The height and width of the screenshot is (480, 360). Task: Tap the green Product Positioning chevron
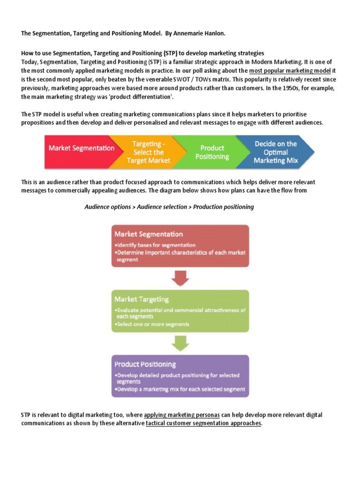point(212,152)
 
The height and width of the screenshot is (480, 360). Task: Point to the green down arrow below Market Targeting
point(180,344)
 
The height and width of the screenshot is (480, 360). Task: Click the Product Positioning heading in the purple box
point(145,364)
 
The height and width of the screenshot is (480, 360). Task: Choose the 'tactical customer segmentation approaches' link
point(203,423)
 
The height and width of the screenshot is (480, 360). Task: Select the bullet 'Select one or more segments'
point(152,324)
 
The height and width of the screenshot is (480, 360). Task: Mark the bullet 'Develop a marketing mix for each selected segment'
point(180,390)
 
